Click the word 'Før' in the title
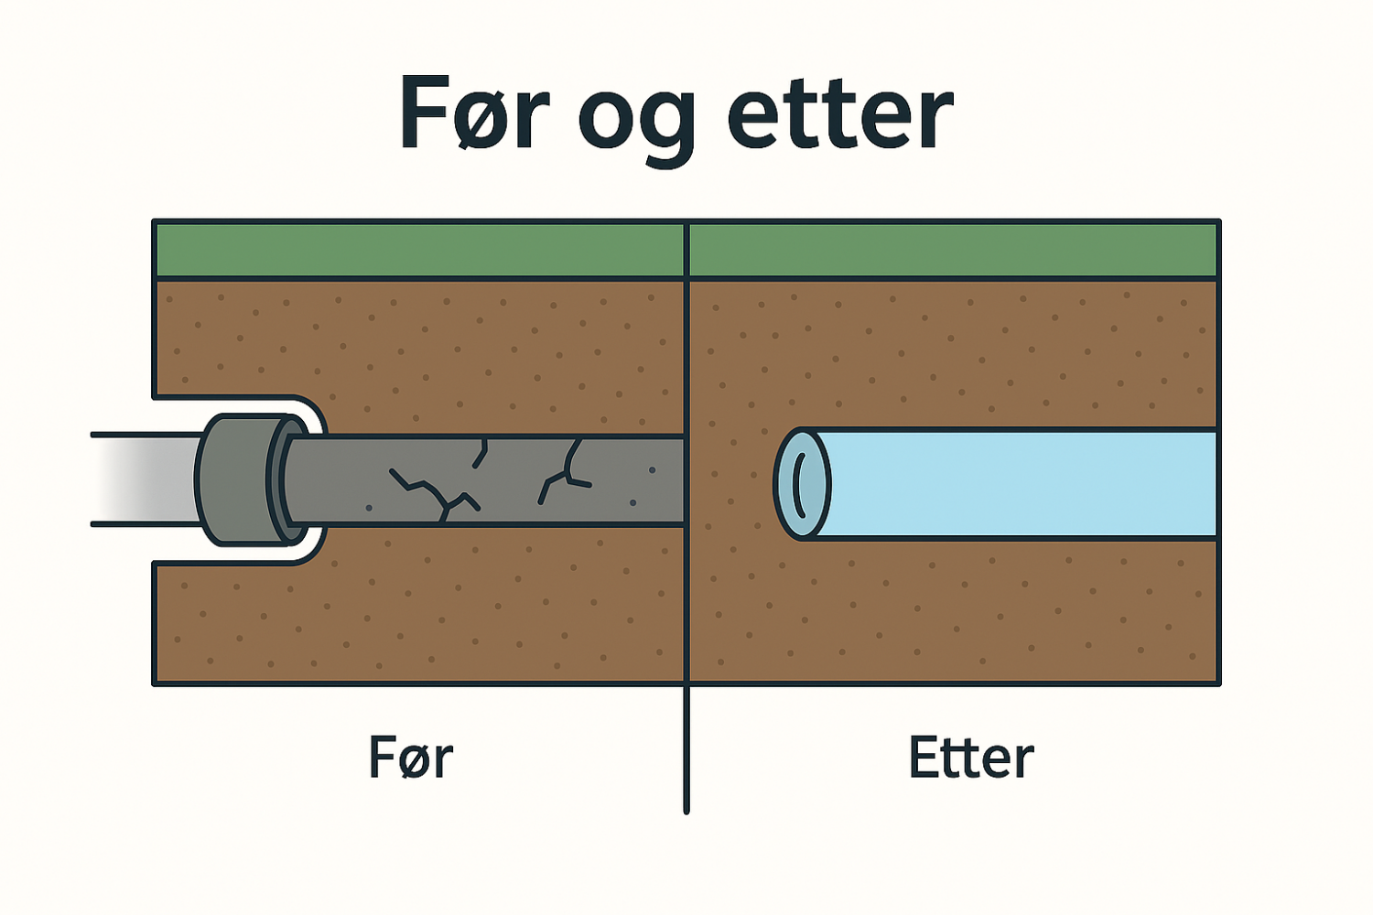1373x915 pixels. click(473, 114)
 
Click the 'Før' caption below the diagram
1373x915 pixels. click(410, 758)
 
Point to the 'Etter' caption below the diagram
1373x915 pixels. click(970, 758)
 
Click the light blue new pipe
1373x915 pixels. click(1016, 483)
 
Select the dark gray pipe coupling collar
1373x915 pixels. click(240, 480)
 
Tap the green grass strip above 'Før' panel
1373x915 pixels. click(419, 250)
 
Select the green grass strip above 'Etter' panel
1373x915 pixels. click(952, 250)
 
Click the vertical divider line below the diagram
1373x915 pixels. click(686, 750)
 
